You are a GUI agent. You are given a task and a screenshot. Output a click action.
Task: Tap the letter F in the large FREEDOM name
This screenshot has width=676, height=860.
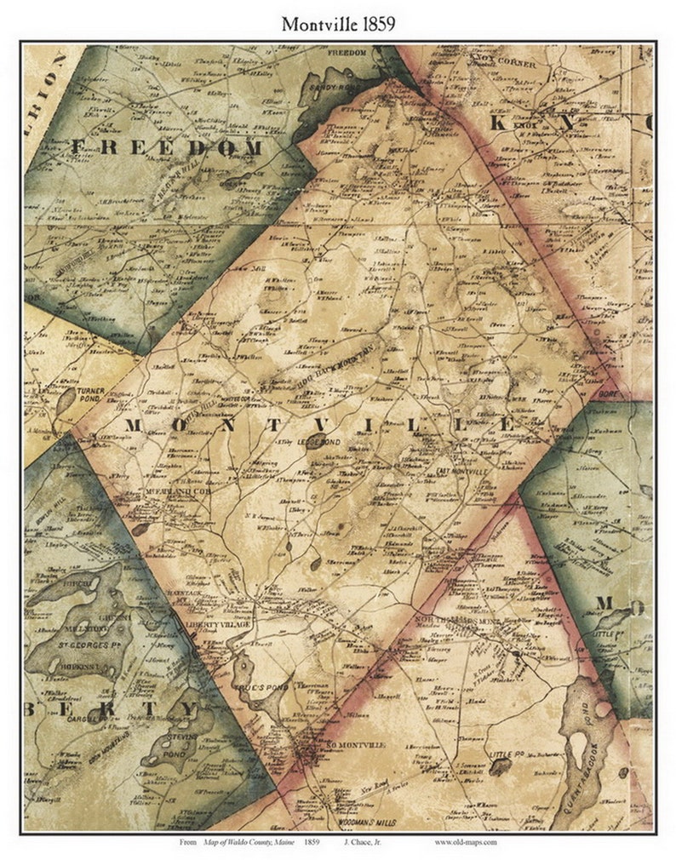click(78, 147)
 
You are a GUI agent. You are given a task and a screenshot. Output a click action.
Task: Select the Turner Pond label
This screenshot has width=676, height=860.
click(90, 395)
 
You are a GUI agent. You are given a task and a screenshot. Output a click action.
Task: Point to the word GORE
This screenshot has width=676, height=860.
click(610, 395)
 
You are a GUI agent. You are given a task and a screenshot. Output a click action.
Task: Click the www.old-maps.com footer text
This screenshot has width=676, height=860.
click(465, 842)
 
